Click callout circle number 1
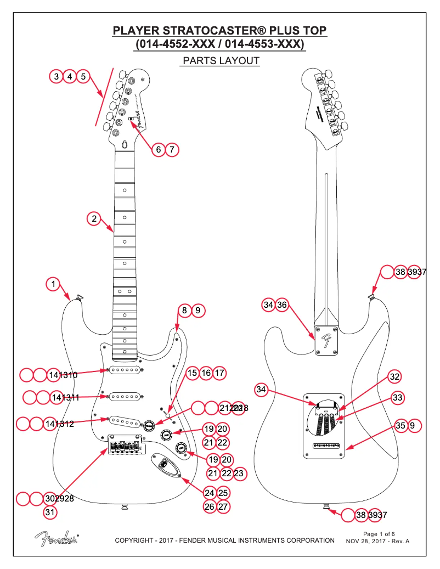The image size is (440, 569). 53,284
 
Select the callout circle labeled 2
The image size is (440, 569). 94,218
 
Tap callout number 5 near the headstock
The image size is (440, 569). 83,76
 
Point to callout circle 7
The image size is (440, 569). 172,149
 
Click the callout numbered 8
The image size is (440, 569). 184,311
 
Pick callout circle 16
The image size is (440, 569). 206,373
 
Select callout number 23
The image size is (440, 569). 238,473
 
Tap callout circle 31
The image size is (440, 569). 50,512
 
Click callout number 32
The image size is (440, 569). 394,376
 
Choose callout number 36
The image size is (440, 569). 281,305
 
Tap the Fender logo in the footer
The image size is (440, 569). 56,539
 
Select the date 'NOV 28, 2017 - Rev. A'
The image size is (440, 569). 377,542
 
